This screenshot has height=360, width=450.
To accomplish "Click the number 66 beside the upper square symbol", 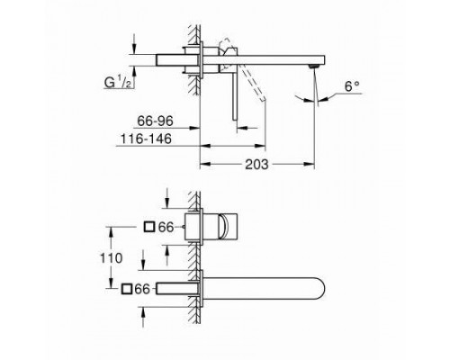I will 166,229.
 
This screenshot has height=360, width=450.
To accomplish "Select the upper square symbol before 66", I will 149,229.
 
